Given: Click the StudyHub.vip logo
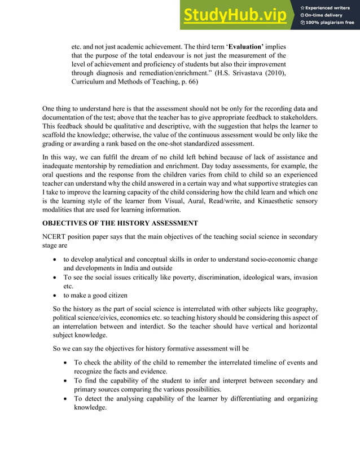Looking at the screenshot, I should click(x=236, y=15).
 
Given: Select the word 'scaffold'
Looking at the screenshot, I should click(x=55, y=135).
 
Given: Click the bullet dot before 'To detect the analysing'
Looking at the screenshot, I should click(x=67, y=399).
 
